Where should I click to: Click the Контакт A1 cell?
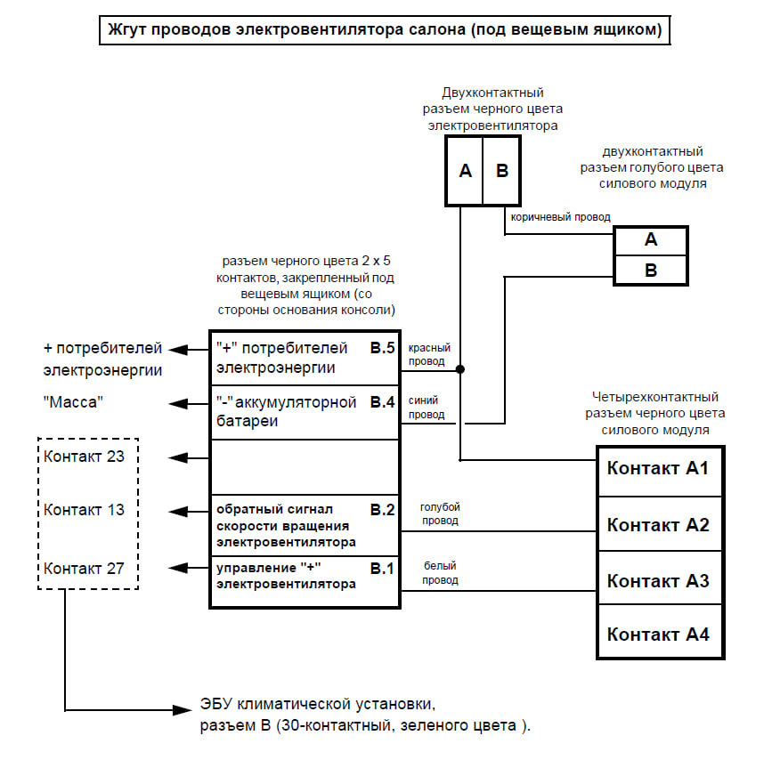(660, 472)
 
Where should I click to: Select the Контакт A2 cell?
(660, 524)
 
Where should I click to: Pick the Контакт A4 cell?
(660, 631)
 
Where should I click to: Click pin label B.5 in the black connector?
(383, 348)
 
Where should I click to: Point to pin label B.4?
(383, 402)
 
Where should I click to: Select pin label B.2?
(383, 510)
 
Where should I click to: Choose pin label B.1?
(383, 569)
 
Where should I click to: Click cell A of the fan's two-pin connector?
(464, 171)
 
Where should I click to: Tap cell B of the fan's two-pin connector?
(501, 171)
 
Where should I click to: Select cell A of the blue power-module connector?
(650, 240)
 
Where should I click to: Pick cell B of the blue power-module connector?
(650, 271)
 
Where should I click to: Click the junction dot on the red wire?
(459, 369)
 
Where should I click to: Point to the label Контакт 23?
(84, 457)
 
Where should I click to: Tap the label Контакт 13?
(84, 510)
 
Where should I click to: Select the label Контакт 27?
(84, 569)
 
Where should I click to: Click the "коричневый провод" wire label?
(560, 217)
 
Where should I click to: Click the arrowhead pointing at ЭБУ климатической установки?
(182, 710)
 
